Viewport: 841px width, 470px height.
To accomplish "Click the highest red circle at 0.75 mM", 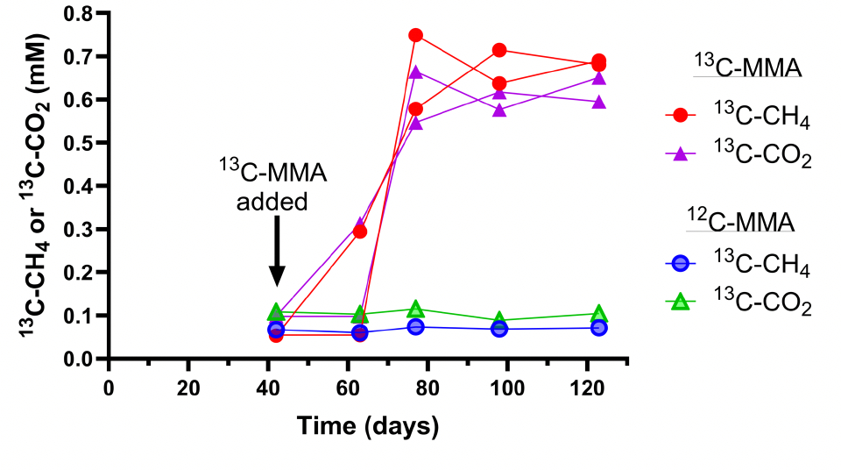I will click(x=416, y=35).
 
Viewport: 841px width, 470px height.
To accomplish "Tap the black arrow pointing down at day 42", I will click(x=276, y=251).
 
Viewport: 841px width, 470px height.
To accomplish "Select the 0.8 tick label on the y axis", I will click(x=83, y=14).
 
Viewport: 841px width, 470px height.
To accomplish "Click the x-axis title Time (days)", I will click(x=367, y=427).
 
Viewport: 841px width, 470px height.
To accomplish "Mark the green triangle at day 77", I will click(x=416, y=310).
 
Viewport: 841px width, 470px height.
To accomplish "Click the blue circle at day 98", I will click(x=499, y=329).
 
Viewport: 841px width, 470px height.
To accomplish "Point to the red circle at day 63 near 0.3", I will click(x=360, y=231).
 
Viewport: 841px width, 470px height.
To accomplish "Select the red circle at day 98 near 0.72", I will click(x=499, y=50).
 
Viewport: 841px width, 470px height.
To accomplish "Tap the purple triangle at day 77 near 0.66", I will click(x=416, y=72).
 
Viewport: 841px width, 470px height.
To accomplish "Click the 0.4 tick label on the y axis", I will click(x=83, y=186).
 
